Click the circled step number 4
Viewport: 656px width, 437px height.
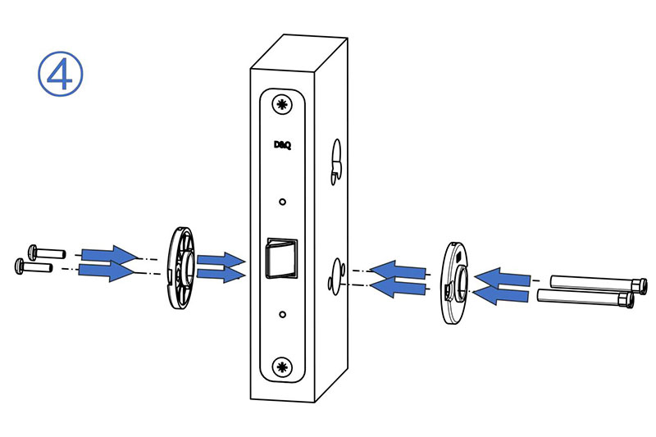pos(61,74)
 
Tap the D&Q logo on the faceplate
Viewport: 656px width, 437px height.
pos(282,144)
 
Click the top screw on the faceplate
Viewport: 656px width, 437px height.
pos(282,104)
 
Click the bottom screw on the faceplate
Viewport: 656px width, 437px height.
pos(282,367)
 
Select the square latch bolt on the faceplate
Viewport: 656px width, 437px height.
pos(282,258)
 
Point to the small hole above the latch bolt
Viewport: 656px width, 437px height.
pos(282,202)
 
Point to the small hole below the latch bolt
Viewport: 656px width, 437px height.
pos(282,314)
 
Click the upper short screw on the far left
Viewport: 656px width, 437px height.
pos(47,253)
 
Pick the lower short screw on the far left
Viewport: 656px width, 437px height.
pos(34,266)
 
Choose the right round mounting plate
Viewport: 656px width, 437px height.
pos(455,283)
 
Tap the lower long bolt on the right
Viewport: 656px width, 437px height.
pos(585,298)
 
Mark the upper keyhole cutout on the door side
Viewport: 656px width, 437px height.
pos(335,162)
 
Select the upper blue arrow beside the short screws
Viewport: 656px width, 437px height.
pos(110,255)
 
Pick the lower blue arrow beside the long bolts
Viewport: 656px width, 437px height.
pos(501,295)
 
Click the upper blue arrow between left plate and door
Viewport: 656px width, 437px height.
pos(221,261)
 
